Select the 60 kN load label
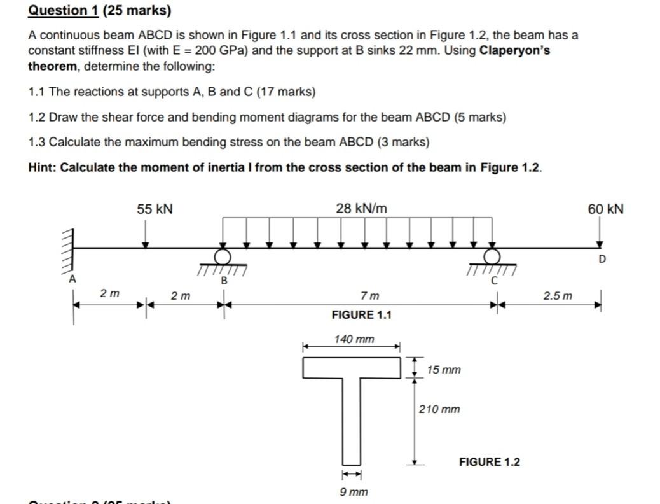[605, 209]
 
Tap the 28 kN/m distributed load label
[361, 209]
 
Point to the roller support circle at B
[223, 256]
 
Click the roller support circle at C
[492, 256]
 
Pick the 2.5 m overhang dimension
[558, 296]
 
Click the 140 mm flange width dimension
[354, 339]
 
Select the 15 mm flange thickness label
[444, 370]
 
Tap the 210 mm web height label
[439, 409]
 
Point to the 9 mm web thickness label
[354, 491]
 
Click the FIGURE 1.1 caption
[362, 315]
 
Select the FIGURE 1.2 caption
[489, 461]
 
